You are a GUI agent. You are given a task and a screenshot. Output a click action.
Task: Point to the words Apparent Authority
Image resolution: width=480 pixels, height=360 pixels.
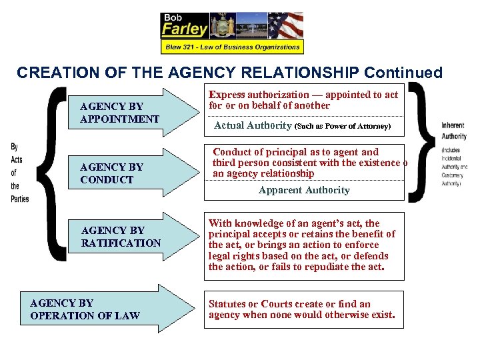pyautogui.click(x=304, y=190)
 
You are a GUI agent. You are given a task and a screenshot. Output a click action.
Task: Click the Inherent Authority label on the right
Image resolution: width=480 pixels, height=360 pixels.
pyautogui.click(x=453, y=131)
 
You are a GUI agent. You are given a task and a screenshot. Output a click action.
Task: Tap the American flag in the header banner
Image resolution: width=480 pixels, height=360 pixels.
pyautogui.click(x=285, y=25)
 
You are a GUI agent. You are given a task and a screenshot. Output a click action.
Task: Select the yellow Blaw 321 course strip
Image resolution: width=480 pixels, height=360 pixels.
pyautogui.click(x=232, y=47)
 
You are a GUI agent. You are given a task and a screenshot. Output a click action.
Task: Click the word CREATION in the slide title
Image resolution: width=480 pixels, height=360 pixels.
pyautogui.click(x=51, y=72)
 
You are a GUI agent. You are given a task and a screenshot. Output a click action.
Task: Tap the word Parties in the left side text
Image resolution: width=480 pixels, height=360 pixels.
pyautogui.click(x=20, y=198)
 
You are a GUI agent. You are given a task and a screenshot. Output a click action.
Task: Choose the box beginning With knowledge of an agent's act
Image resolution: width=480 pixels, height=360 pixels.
pyautogui.click(x=303, y=245)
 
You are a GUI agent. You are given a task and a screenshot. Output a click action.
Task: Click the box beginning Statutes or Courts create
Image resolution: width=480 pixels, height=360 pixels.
pyautogui.click(x=303, y=309)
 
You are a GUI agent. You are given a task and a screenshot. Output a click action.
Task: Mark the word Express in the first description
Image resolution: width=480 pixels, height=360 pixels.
pyautogui.click(x=227, y=95)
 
